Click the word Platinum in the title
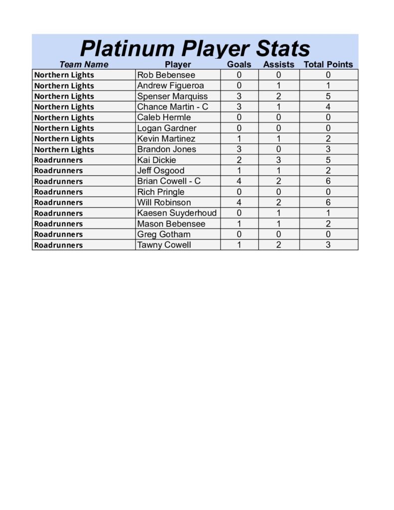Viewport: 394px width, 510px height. point(127,49)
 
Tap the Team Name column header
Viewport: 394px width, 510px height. point(84,64)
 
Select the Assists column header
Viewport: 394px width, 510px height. point(278,64)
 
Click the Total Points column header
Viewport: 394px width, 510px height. point(328,64)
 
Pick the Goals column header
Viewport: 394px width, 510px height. point(239,64)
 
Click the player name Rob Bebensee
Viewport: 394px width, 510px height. point(166,75)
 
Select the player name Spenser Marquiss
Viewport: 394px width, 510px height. point(172,96)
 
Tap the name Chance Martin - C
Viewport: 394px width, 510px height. point(172,107)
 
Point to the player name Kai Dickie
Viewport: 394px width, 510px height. point(156,160)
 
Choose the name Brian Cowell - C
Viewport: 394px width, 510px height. point(169,181)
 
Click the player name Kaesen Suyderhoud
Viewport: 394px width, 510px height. point(177,213)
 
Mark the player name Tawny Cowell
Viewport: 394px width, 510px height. point(164,245)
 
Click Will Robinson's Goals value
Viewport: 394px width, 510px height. point(239,202)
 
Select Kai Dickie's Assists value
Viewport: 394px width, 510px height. point(278,160)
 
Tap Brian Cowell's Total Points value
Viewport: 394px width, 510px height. point(328,181)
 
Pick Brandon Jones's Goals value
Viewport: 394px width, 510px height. point(239,149)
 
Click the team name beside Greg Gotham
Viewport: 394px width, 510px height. point(58,234)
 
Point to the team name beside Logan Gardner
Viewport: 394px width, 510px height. point(64,128)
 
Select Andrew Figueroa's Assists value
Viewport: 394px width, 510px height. point(278,85)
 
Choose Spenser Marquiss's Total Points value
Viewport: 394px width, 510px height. point(328,96)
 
